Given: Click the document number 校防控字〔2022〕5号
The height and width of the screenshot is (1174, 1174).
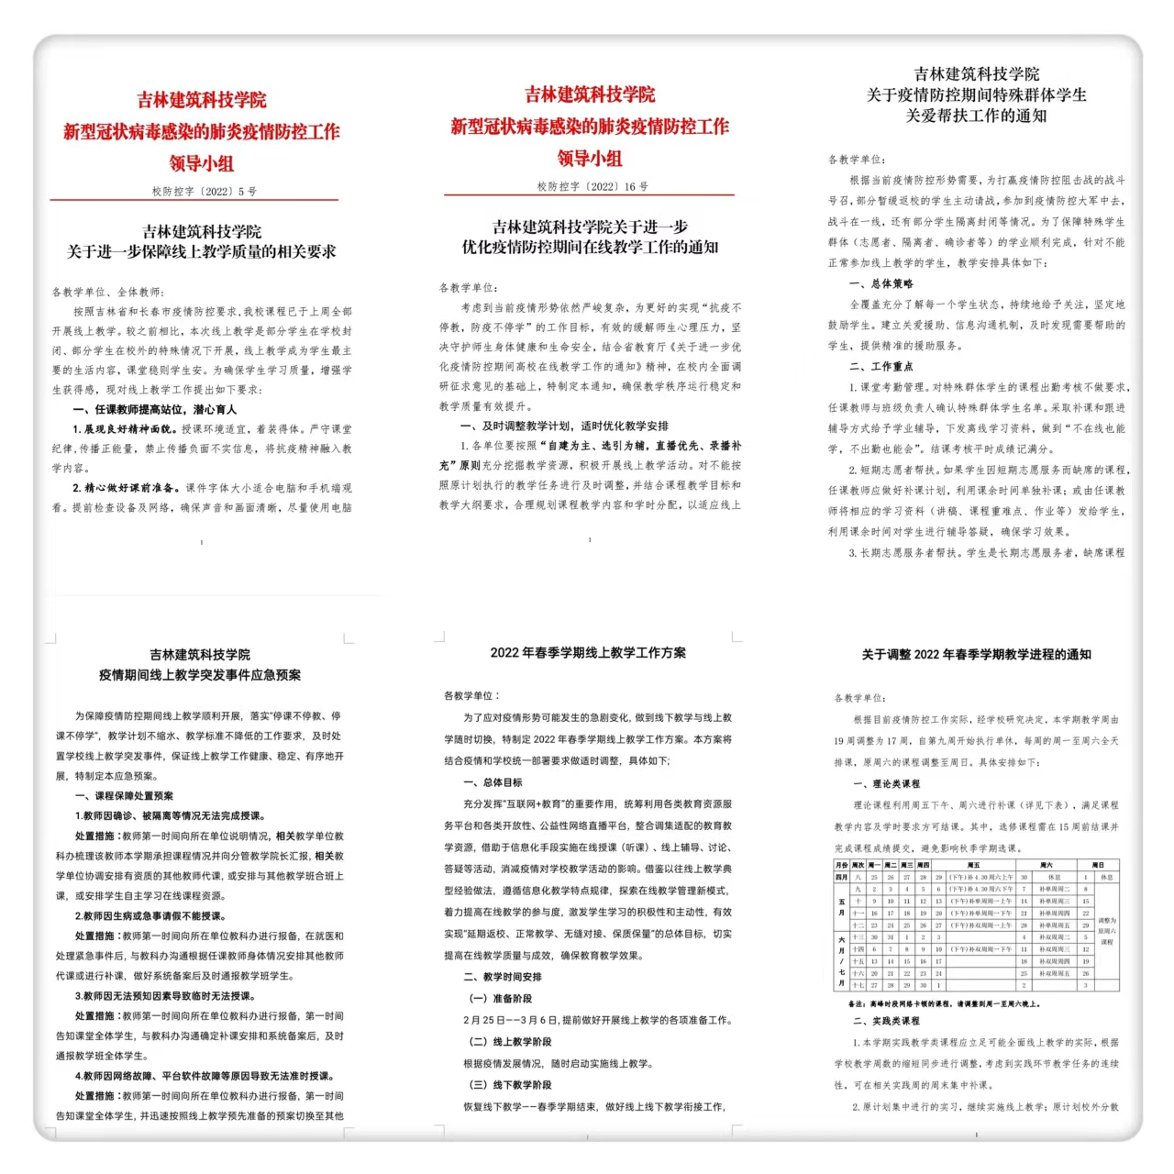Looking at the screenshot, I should pyautogui.click(x=204, y=192).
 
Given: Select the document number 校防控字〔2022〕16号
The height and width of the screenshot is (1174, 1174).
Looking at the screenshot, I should pyautogui.click(x=593, y=186).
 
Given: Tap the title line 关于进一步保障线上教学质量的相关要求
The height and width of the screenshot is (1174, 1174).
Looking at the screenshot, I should pyautogui.click(x=202, y=251).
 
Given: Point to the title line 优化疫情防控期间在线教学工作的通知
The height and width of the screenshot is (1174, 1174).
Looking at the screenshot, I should pyautogui.click(x=590, y=247).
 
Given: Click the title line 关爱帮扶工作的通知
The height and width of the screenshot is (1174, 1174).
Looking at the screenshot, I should pyautogui.click(x=976, y=116).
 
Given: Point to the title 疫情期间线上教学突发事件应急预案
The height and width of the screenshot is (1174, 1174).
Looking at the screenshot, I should pyautogui.click(x=200, y=675).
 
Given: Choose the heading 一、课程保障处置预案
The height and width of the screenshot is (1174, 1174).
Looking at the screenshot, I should pyautogui.click(x=124, y=795).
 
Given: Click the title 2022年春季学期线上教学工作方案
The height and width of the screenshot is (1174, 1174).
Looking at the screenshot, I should pyautogui.click(x=588, y=653).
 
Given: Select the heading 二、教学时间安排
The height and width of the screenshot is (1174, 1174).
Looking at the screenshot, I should pyautogui.click(x=503, y=977).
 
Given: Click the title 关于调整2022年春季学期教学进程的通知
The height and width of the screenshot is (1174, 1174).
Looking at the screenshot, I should pyautogui.click(x=976, y=655).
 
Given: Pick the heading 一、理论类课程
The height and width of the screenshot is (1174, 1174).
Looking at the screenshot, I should pyautogui.click(x=886, y=784).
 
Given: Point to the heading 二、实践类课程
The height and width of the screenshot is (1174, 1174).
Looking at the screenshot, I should pyautogui.click(x=886, y=1021).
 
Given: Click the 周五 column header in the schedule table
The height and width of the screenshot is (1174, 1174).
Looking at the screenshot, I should pyautogui.click(x=973, y=865).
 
